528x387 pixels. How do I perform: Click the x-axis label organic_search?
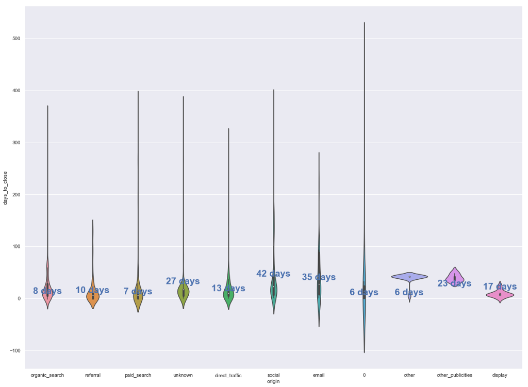click(x=47, y=375)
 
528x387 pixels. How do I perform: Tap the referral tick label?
click(x=93, y=375)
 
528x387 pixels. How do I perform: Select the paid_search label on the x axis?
click(x=138, y=375)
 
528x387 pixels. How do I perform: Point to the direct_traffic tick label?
click(x=228, y=376)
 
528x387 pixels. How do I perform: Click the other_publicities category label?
click(x=454, y=375)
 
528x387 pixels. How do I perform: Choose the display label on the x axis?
click(x=500, y=375)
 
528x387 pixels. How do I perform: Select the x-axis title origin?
click(x=273, y=381)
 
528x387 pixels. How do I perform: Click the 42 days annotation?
click(x=273, y=274)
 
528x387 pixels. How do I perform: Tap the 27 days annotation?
click(x=183, y=281)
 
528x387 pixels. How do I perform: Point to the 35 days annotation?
click(x=319, y=277)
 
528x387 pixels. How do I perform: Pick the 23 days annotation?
click(x=454, y=283)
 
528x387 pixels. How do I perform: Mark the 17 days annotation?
click(x=500, y=287)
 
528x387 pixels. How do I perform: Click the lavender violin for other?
click(x=409, y=276)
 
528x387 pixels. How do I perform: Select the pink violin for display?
click(x=500, y=295)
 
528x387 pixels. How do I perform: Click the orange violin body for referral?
click(x=93, y=298)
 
